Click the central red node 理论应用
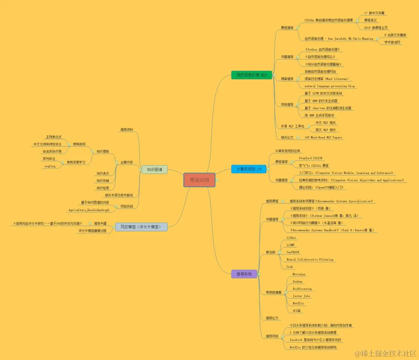199,180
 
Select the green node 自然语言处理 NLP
249,75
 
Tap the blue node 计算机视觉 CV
249,169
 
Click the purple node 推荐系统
244,274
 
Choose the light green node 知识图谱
154,169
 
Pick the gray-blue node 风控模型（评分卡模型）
141,227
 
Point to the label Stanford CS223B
310,158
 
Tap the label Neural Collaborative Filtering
310,259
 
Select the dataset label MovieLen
299,274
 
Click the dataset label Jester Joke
301,296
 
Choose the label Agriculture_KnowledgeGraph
89,210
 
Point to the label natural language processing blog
329,86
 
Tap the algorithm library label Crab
289,267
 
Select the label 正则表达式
54,137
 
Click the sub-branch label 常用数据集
274,292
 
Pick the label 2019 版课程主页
376,28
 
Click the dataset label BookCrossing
302,289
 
